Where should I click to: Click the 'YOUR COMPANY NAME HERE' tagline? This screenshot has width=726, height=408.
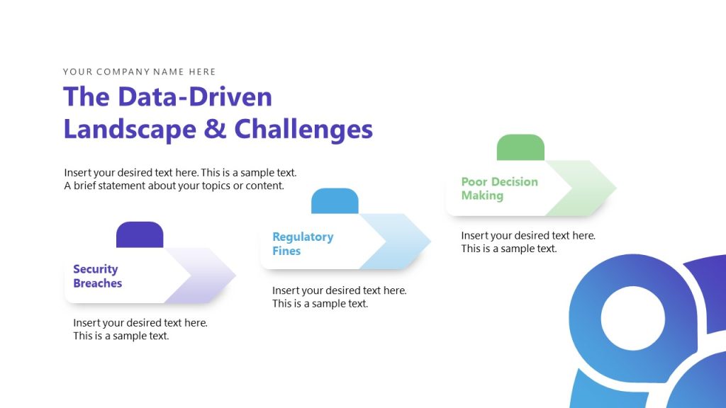click(x=139, y=72)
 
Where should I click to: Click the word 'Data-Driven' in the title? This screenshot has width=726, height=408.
click(x=195, y=97)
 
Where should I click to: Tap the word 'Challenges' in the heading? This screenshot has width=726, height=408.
click(x=303, y=129)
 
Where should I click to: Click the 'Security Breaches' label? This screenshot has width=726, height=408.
click(x=97, y=276)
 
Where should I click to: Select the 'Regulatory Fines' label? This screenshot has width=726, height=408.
click(x=303, y=244)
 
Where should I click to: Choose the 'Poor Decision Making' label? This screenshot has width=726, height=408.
click(x=499, y=188)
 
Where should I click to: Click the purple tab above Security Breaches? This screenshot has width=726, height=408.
click(x=140, y=234)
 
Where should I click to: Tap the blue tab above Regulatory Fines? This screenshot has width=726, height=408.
click(x=335, y=201)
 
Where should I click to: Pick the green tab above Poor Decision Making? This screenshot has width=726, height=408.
click(x=520, y=147)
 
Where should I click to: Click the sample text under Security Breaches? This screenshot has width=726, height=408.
click(x=140, y=329)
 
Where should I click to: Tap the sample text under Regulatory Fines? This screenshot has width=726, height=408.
click(x=339, y=297)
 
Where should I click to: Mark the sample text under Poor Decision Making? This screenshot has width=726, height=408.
click(x=527, y=242)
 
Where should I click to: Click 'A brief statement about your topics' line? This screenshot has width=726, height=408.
click(x=174, y=186)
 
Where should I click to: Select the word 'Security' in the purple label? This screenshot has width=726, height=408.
click(x=95, y=269)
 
